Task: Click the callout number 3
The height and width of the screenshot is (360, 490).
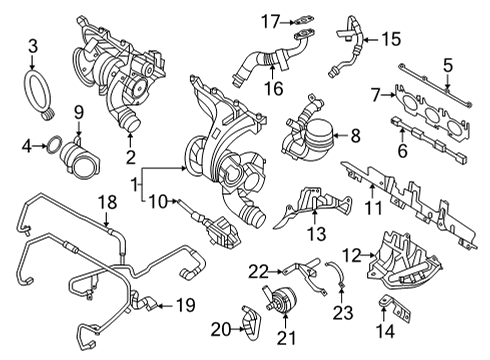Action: [33, 45]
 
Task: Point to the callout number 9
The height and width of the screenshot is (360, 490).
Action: [77, 109]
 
